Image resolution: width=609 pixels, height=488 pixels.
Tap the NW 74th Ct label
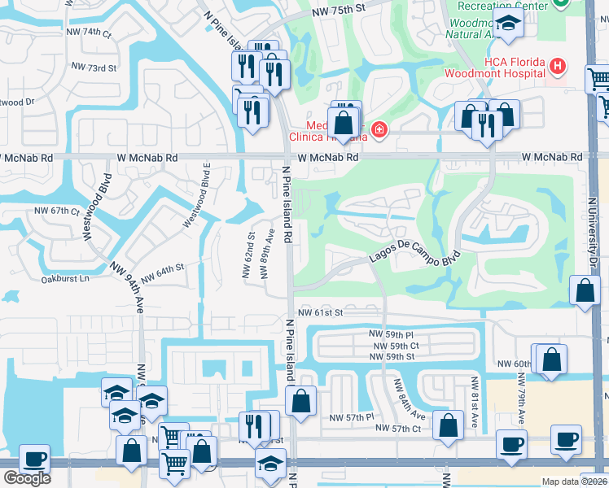(x=90, y=32)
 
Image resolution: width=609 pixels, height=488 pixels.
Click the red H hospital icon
(x=557, y=66)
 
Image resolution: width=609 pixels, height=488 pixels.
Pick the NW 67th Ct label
(x=57, y=211)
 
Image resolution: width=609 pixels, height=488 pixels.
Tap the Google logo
(x=27, y=478)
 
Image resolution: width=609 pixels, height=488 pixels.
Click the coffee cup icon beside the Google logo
(x=34, y=459)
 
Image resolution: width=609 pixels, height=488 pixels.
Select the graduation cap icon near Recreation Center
(x=508, y=24)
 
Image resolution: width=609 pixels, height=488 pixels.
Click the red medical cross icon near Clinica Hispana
(x=378, y=129)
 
